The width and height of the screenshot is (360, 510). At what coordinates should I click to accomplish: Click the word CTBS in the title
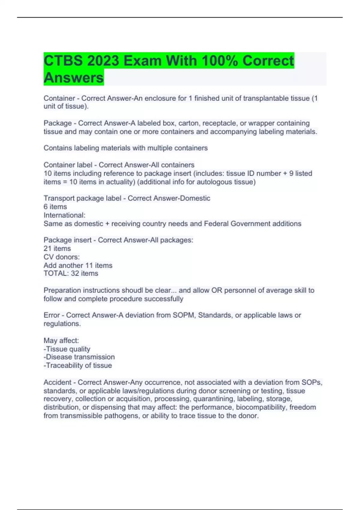(63, 61)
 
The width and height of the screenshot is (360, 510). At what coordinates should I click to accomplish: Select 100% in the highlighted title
(220, 61)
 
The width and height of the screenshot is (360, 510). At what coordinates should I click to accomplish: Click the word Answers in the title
(73, 78)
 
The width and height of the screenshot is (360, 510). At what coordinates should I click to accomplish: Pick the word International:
(64, 215)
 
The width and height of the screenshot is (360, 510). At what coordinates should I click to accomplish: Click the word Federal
(216, 223)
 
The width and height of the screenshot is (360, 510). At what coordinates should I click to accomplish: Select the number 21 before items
(47, 248)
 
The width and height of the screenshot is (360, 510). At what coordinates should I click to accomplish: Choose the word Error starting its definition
(52, 315)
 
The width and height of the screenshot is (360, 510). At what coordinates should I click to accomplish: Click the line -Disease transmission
(79, 357)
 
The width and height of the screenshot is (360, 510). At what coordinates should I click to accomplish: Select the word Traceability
(64, 365)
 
